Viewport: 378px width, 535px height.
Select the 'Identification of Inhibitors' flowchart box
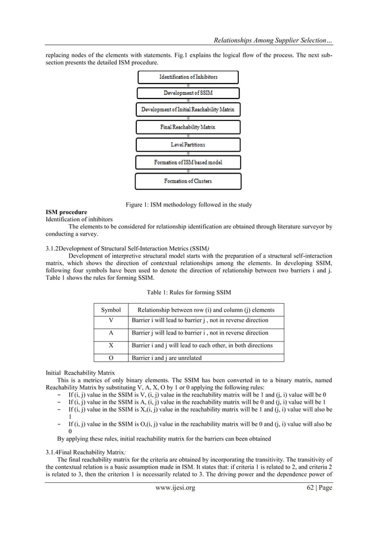188,77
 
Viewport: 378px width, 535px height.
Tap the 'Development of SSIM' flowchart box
188,93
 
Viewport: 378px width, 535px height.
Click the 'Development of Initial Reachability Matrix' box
188,110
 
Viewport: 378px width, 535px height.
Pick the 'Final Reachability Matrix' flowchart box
188,127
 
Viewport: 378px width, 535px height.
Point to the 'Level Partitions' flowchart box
188,144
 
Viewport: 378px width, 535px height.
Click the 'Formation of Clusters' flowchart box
188,180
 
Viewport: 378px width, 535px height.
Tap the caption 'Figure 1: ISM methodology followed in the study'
188,205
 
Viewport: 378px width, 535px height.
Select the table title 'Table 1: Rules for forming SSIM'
188,292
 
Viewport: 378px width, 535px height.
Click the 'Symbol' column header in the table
111,310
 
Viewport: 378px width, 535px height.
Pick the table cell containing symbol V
111,321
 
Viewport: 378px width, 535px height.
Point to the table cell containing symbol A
111,333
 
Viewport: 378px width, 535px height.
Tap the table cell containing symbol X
111,345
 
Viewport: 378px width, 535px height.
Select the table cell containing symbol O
111,358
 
